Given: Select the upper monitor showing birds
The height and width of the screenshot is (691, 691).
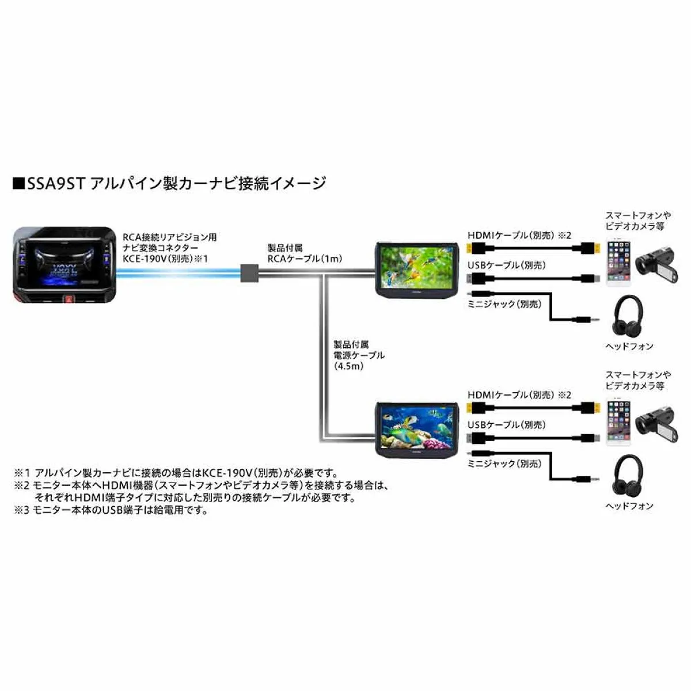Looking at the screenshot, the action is [417, 269].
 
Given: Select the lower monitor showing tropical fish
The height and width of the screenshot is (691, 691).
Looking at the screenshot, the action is [417, 429].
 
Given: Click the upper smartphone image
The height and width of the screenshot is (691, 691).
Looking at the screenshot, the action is [618, 262].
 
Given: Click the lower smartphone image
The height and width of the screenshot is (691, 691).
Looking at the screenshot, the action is [618, 422].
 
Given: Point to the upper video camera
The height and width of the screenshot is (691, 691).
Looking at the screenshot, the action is [656, 264].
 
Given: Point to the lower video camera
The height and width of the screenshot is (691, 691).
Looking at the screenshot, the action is [656, 423].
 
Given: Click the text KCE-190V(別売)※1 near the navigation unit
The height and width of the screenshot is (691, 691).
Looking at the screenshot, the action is [165, 259].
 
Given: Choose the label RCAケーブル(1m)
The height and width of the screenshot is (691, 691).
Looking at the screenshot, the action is [305, 259].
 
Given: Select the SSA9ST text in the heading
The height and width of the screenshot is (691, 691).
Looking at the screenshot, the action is [56, 184].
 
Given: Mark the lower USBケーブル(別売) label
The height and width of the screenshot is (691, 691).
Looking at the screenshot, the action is [507, 424].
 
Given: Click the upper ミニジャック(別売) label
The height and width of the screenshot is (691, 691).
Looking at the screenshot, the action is [504, 304].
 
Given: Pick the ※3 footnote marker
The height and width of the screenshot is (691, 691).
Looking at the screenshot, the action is [21, 510].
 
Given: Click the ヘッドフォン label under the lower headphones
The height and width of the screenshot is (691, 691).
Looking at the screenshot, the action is [629, 506].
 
